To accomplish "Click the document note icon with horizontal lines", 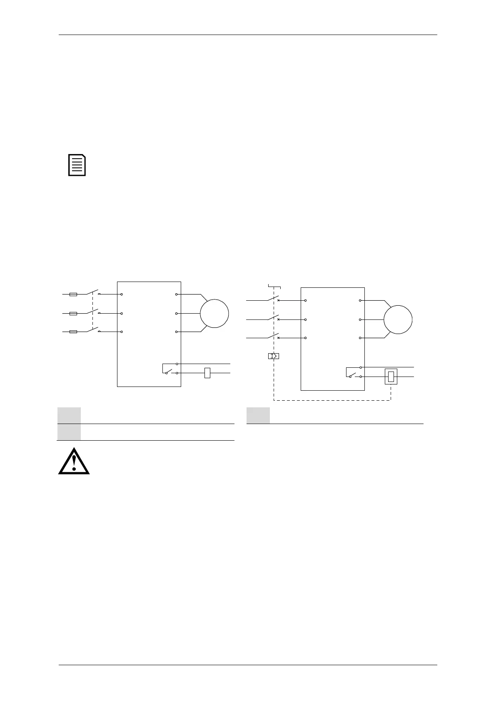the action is click(77, 165).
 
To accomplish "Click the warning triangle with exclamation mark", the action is click(74, 462).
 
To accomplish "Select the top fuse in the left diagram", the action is click(73, 294).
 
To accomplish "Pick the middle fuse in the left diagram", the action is click(73, 313).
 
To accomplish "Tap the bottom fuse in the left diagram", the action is click(73, 332).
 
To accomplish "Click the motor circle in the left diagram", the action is click(214, 314).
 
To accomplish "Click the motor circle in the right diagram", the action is click(398, 319).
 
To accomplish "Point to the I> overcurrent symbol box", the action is click(274, 356).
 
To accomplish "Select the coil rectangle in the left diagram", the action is click(207, 373).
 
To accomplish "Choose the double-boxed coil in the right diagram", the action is click(391, 377).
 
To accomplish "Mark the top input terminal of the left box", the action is click(122, 294).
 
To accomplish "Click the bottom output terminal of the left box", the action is click(177, 332).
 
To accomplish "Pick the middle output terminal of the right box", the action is click(360, 319).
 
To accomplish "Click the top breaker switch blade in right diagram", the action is click(273, 298).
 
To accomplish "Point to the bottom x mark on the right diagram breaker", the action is click(278, 338).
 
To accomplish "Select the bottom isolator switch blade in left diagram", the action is click(92, 330).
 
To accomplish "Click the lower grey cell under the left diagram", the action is click(69, 432).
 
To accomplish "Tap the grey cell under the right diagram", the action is click(258, 415).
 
